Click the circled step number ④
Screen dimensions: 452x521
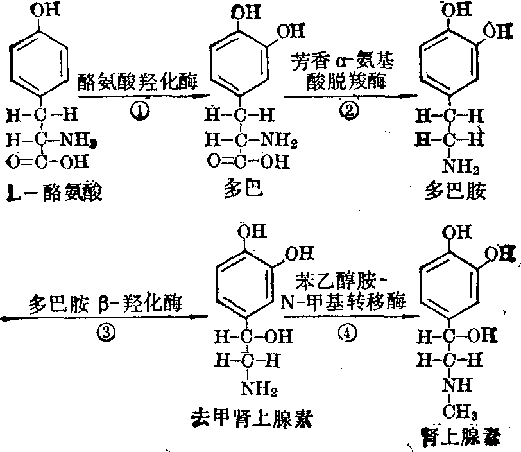[x=351, y=334]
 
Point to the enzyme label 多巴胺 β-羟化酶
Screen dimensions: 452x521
[x=106, y=302]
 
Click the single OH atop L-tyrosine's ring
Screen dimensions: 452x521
[x=39, y=10]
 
